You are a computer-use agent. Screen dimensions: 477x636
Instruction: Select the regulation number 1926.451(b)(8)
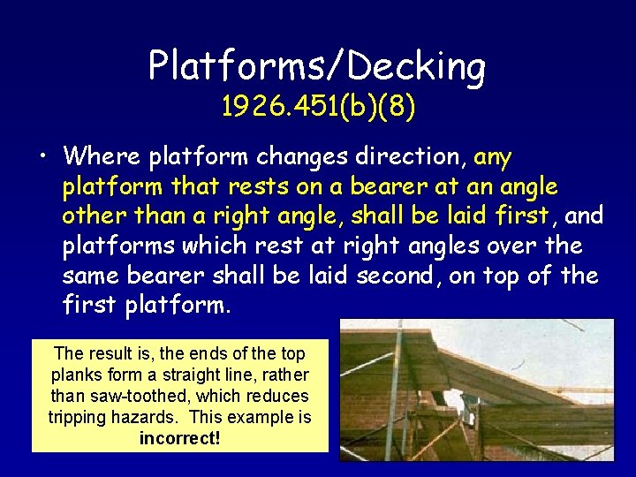pos(318,107)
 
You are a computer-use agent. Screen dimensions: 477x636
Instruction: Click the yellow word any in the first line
pos(493,158)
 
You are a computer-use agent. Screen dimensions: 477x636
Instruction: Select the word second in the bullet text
pos(397,276)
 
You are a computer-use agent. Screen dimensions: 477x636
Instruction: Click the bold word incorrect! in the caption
pos(179,437)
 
